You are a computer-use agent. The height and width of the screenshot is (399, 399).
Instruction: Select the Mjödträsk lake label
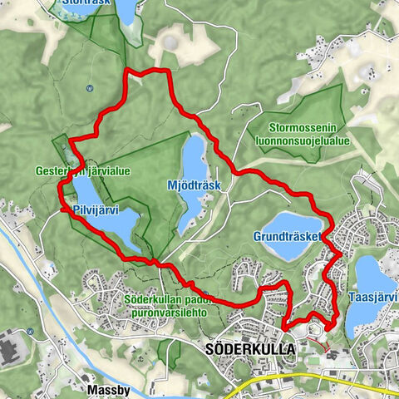(194, 185)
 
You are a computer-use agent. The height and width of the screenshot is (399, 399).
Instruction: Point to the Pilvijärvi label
(94, 209)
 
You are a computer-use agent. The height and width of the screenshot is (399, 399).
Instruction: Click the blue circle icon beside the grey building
(29, 331)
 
